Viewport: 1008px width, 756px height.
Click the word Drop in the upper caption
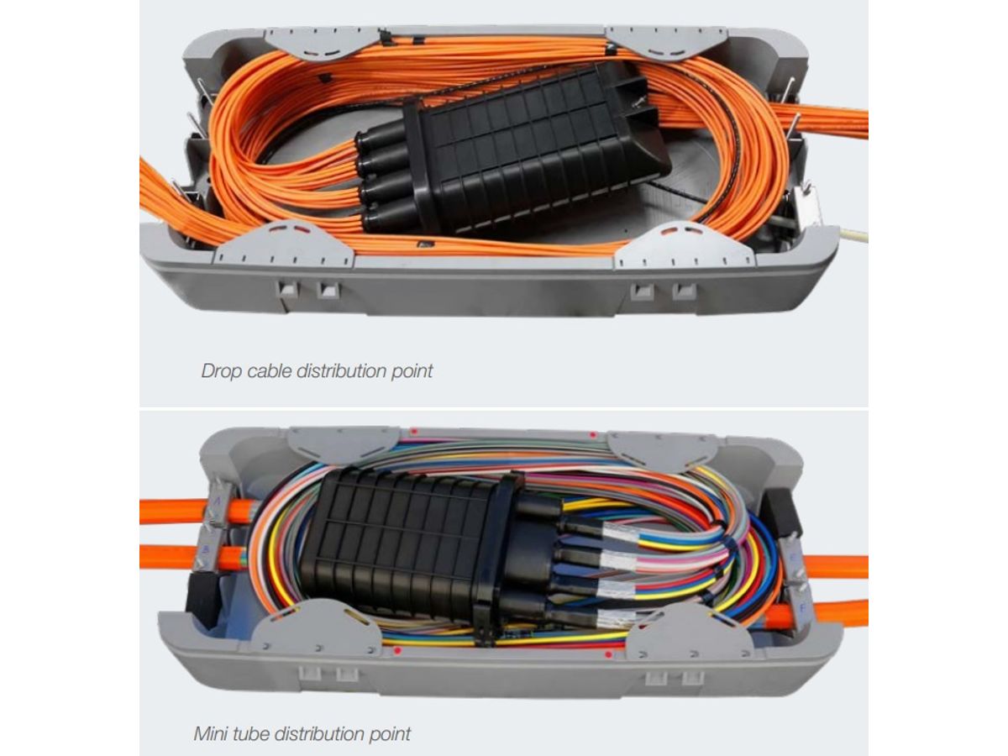click(220, 371)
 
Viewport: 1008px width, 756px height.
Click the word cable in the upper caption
click(269, 371)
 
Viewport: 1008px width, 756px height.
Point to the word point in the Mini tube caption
click(390, 734)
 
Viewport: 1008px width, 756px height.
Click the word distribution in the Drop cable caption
click(341, 371)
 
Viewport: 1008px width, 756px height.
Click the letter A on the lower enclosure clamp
click(218, 501)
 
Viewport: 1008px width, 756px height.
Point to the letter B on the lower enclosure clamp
click(206, 549)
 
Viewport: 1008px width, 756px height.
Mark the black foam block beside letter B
click(202, 596)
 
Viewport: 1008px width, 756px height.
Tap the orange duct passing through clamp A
click(197, 511)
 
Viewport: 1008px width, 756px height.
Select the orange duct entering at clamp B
click(192, 557)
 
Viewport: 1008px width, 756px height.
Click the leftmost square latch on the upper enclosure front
click(286, 290)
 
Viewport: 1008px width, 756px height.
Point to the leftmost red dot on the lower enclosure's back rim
click(414, 432)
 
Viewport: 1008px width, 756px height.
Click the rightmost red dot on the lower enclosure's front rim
click(608, 654)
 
